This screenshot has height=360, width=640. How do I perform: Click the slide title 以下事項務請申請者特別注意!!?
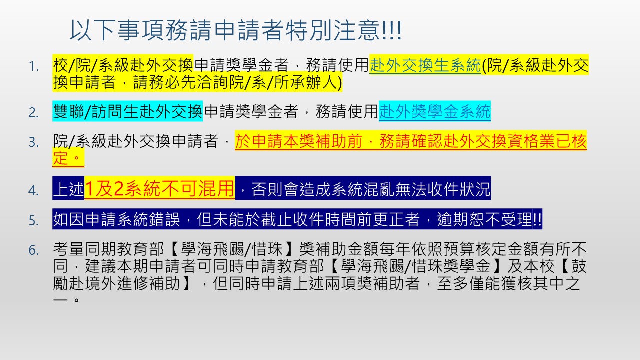(x=236, y=30)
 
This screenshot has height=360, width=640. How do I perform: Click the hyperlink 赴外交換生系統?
(x=425, y=65)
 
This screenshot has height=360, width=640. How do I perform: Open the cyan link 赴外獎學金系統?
(x=435, y=111)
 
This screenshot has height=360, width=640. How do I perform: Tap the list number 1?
(x=34, y=67)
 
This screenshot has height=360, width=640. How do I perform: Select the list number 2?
(x=34, y=113)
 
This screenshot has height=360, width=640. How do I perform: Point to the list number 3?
(x=34, y=142)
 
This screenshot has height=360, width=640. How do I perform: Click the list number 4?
(x=34, y=190)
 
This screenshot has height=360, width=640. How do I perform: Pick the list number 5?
(x=34, y=221)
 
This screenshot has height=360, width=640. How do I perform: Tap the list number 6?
(x=34, y=250)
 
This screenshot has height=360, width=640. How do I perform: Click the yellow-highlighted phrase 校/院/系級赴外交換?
(x=123, y=65)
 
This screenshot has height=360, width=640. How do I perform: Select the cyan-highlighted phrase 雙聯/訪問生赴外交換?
(x=127, y=111)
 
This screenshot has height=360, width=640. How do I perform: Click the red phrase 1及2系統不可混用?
(x=159, y=189)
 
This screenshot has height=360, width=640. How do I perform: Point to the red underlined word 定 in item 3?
(x=61, y=158)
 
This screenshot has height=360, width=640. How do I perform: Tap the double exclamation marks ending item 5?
(x=537, y=219)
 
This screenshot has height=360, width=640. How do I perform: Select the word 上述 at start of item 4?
(x=69, y=189)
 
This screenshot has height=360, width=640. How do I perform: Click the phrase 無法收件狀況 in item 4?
(x=443, y=189)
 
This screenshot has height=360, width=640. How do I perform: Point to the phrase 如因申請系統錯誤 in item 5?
(x=116, y=219)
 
